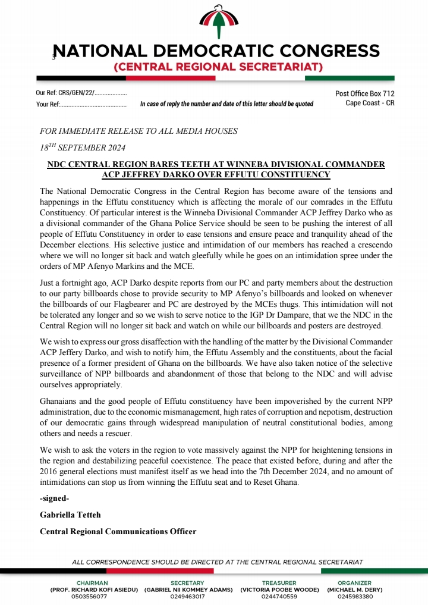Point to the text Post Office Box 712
pos(364,93)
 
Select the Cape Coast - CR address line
pos(370,103)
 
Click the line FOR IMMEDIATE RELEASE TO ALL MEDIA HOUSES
pos(139,131)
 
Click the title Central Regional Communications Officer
pos(118,531)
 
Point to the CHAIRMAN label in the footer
pos(92,583)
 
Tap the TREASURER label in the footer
pos(279,583)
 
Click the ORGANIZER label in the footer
pos(354,583)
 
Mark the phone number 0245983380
pos(354,596)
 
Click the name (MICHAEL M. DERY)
pos(354,590)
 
